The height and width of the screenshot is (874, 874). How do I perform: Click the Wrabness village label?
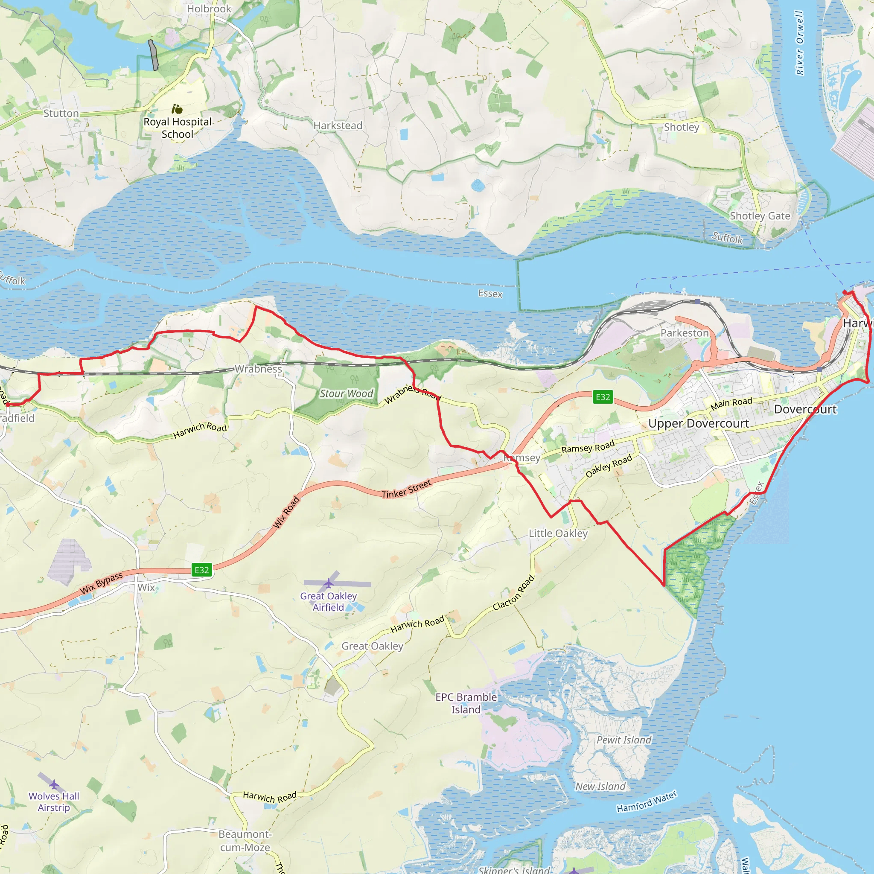point(258,369)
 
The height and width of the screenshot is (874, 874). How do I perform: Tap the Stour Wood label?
point(346,393)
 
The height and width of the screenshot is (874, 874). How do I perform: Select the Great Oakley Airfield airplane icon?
point(329,583)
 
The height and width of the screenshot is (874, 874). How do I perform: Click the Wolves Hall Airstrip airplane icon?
point(54,784)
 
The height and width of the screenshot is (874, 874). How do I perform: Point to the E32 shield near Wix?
point(202,570)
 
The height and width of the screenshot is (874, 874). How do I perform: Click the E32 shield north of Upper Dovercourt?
point(603,397)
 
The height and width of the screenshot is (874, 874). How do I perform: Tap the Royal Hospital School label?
point(178,128)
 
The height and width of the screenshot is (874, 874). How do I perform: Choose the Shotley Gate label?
point(760,216)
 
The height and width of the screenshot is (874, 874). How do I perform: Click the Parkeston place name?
point(685,333)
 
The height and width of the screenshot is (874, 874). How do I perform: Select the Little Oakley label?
point(558,533)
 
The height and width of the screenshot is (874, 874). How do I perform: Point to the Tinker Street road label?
point(406,489)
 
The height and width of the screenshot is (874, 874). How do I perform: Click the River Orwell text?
point(800,43)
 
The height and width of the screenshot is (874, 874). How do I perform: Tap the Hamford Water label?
point(647,801)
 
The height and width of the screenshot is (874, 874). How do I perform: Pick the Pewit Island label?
point(624,740)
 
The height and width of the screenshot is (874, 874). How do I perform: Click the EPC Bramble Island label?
point(466,703)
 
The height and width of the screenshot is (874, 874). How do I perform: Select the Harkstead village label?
point(338,126)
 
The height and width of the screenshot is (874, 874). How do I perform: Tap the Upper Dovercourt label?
point(699,424)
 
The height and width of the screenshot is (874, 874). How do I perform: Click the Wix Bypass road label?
point(101,583)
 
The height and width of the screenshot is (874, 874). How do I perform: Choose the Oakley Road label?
point(609,466)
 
